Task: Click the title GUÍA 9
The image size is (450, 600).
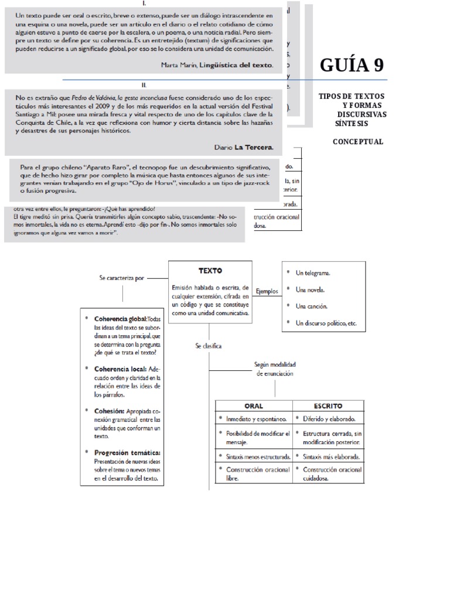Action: point(352,65)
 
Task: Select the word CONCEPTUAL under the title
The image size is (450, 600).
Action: point(358,141)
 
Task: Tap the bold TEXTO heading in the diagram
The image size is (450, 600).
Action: point(210,271)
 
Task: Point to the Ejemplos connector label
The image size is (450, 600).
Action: point(267,291)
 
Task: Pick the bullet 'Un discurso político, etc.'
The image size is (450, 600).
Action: point(326,323)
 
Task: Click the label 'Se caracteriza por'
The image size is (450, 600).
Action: point(121,279)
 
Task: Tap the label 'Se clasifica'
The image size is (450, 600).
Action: point(209,346)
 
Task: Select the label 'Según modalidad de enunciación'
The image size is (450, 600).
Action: point(274,369)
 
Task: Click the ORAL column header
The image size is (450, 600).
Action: point(253,406)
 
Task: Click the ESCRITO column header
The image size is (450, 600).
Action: point(328,406)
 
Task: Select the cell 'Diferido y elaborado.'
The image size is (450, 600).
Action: point(330,420)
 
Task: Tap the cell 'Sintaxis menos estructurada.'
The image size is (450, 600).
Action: point(258,456)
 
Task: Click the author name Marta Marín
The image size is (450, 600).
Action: point(179,66)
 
